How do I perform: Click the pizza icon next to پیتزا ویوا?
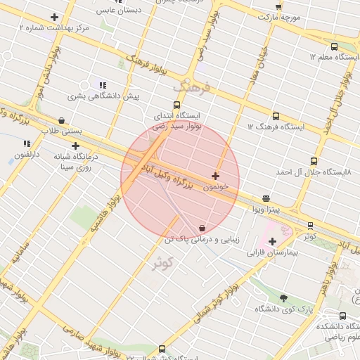click(x=266, y=199)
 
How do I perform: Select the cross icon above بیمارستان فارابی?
click(x=273, y=242)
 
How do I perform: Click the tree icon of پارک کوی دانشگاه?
click(x=283, y=299)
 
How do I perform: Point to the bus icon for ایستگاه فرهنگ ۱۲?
click(x=275, y=117)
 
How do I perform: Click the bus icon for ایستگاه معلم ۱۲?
click(x=334, y=46)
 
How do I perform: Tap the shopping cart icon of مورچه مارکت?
click(x=278, y=6)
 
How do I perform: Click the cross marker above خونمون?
click(x=215, y=175)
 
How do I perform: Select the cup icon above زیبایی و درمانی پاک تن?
click(x=202, y=229)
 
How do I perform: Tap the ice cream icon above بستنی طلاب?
click(x=62, y=121)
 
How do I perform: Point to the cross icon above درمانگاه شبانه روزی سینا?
click(x=75, y=146)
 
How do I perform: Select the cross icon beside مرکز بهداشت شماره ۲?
click(x=54, y=17)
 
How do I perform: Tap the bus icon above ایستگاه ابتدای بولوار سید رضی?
click(x=176, y=105)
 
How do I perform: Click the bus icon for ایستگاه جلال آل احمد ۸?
click(x=315, y=161)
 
